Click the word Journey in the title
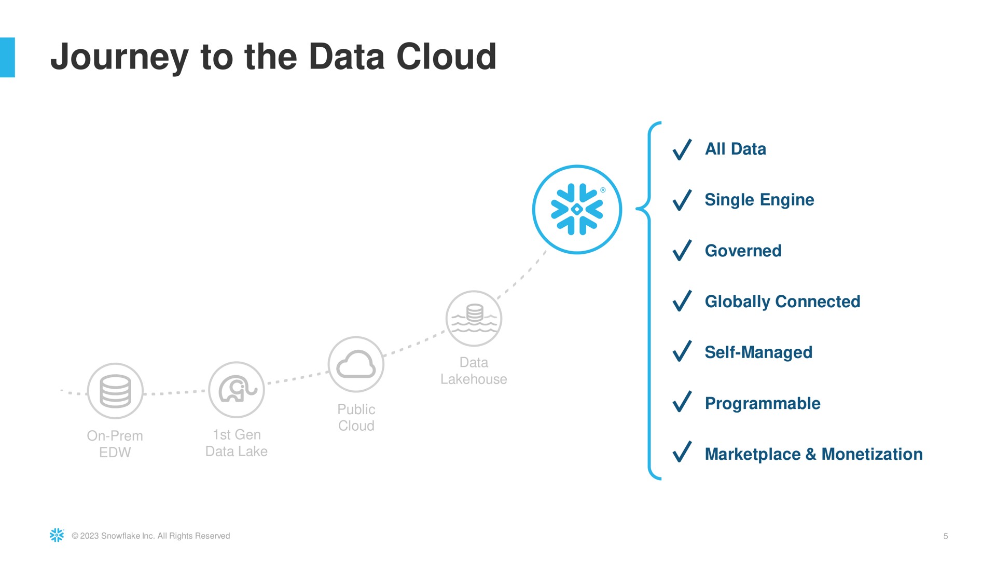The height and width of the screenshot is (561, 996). tap(119, 58)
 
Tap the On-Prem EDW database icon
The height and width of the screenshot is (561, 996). tap(115, 391)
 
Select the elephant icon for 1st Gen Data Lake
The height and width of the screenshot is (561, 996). tap(237, 390)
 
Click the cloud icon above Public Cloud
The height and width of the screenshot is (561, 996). tap(356, 364)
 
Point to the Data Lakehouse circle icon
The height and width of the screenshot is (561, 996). tap(474, 318)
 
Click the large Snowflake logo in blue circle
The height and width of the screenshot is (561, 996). tap(577, 210)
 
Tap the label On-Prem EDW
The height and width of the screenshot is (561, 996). tap(115, 444)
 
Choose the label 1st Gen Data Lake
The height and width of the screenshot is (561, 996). tap(237, 443)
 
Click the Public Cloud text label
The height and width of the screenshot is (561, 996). tap(356, 418)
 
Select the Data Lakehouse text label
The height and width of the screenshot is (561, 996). tap(474, 371)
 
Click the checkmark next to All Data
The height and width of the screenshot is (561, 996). tap(682, 149)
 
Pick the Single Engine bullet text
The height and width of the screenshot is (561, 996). tap(759, 200)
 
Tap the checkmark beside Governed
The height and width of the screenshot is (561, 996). tap(682, 250)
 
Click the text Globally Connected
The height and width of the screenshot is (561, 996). tap(782, 302)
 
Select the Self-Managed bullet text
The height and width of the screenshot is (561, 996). tap(758, 353)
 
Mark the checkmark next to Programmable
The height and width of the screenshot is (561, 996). tap(682, 402)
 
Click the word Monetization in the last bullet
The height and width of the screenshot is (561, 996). tap(872, 454)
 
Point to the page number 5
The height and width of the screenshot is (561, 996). tap(946, 536)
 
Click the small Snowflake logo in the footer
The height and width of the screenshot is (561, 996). tap(57, 536)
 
